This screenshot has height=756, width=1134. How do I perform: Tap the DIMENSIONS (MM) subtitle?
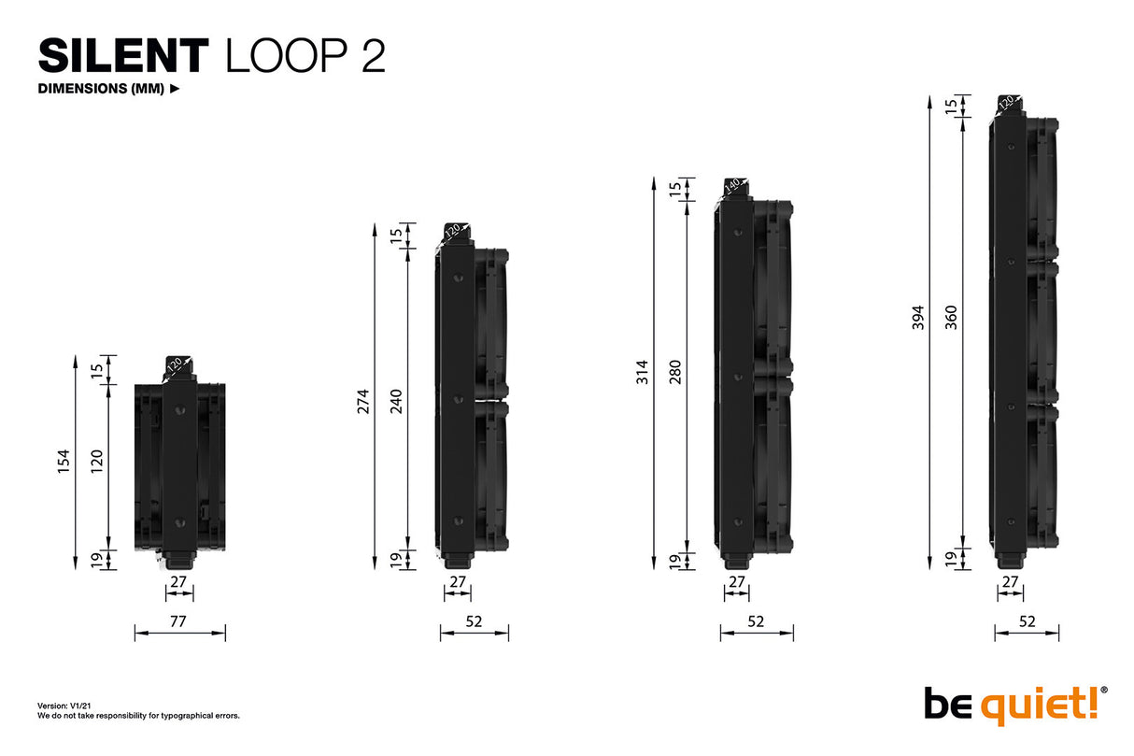coord(102,90)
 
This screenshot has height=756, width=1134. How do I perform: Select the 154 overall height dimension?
coord(64,461)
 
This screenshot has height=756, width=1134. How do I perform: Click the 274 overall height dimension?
coord(364,400)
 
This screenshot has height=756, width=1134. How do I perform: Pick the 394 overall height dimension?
coord(919,318)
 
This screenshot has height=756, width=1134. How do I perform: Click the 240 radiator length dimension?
coord(396,400)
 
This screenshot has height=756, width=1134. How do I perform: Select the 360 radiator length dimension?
coord(952,318)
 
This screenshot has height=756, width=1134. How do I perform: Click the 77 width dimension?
coord(179,620)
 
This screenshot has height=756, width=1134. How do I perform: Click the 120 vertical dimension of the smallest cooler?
coord(97,461)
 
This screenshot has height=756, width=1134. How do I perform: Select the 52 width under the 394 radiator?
coord(1028,620)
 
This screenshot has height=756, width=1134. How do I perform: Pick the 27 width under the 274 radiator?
coord(457,581)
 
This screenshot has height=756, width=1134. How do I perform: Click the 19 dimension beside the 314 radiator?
coord(674,560)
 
